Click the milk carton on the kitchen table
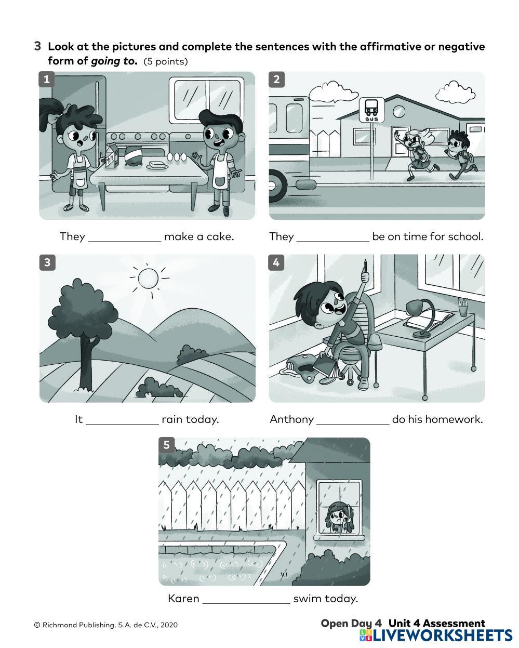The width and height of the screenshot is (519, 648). click(x=112, y=156)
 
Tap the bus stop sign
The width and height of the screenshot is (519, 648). click(x=371, y=110)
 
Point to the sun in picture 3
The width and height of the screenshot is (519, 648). click(x=148, y=277)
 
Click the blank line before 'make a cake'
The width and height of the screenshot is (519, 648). click(x=125, y=241)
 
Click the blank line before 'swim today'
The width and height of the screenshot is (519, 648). click(x=246, y=603)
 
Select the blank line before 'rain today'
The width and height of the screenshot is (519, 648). click(x=122, y=424)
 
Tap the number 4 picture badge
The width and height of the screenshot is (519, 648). click(x=276, y=262)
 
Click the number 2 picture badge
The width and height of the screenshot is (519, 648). click(x=277, y=80)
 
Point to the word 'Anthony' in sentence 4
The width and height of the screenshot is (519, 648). click(x=291, y=419)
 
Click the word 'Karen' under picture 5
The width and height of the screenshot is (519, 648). click(x=183, y=599)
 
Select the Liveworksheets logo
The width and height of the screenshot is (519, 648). click(x=436, y=636)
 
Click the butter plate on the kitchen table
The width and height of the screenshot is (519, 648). click(x=157, y=166)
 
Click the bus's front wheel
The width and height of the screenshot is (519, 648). click(x=277, y=186)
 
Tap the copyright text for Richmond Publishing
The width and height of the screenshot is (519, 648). click(x=105, y=625)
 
